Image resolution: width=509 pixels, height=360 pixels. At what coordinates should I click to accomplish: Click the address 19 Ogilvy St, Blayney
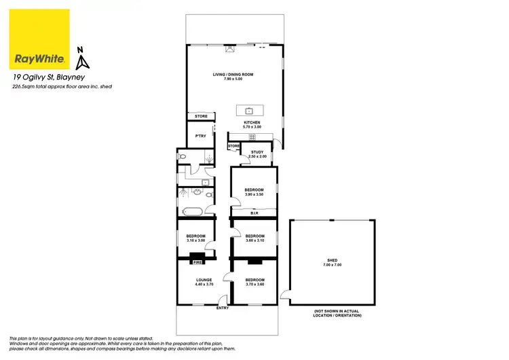click(45, 78)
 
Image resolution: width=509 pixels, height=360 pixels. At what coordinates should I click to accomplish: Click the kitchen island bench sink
click(249, 110)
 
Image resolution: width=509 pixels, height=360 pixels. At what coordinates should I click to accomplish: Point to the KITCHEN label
click(252, 123)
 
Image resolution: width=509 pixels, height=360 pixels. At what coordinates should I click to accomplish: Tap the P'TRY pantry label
click(200, 137)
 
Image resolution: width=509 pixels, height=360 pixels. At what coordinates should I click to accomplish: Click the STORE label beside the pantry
click(201, 116)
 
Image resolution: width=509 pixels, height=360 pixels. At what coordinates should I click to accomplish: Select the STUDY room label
click(257, 152)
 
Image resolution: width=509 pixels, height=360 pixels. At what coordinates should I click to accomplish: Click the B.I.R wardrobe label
click(254, 213)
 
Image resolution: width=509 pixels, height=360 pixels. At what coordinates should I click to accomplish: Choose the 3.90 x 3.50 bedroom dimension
click(253, 195)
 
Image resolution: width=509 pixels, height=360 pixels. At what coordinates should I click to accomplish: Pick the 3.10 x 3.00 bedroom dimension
click(195, 240)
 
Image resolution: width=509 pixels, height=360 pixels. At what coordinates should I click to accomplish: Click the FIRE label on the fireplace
click(198, 262)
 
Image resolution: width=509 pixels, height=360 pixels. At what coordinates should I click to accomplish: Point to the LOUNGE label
click(204, 280)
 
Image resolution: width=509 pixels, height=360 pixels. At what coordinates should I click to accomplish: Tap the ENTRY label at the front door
click(223, 308)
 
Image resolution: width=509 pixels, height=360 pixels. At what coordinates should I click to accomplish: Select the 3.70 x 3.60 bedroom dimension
click(254, 284)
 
